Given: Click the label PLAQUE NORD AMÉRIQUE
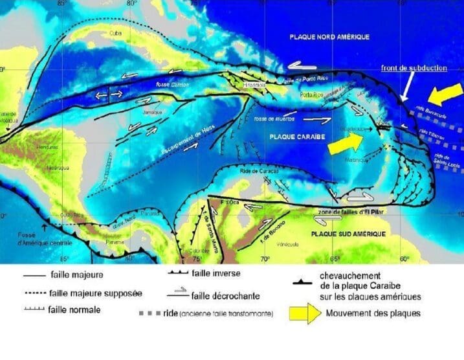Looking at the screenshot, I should pyautogui.click(x=329, y=38).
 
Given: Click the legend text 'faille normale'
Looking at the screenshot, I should pyautogui.click(x=74, y=309).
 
